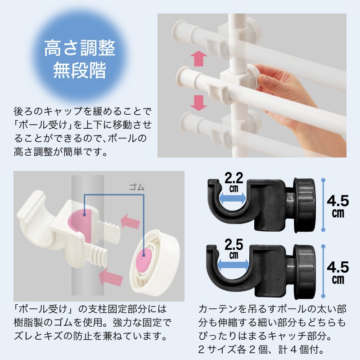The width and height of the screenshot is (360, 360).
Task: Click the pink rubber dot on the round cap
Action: coord(144,259)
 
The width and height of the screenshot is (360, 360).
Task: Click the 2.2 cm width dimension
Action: coord(234,180)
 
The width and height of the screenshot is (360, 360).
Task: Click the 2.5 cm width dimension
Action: coord(234,248)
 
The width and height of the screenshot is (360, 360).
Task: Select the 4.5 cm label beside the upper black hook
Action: coord(338,204)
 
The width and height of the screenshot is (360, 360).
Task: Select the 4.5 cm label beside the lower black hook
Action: coord(338,272)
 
